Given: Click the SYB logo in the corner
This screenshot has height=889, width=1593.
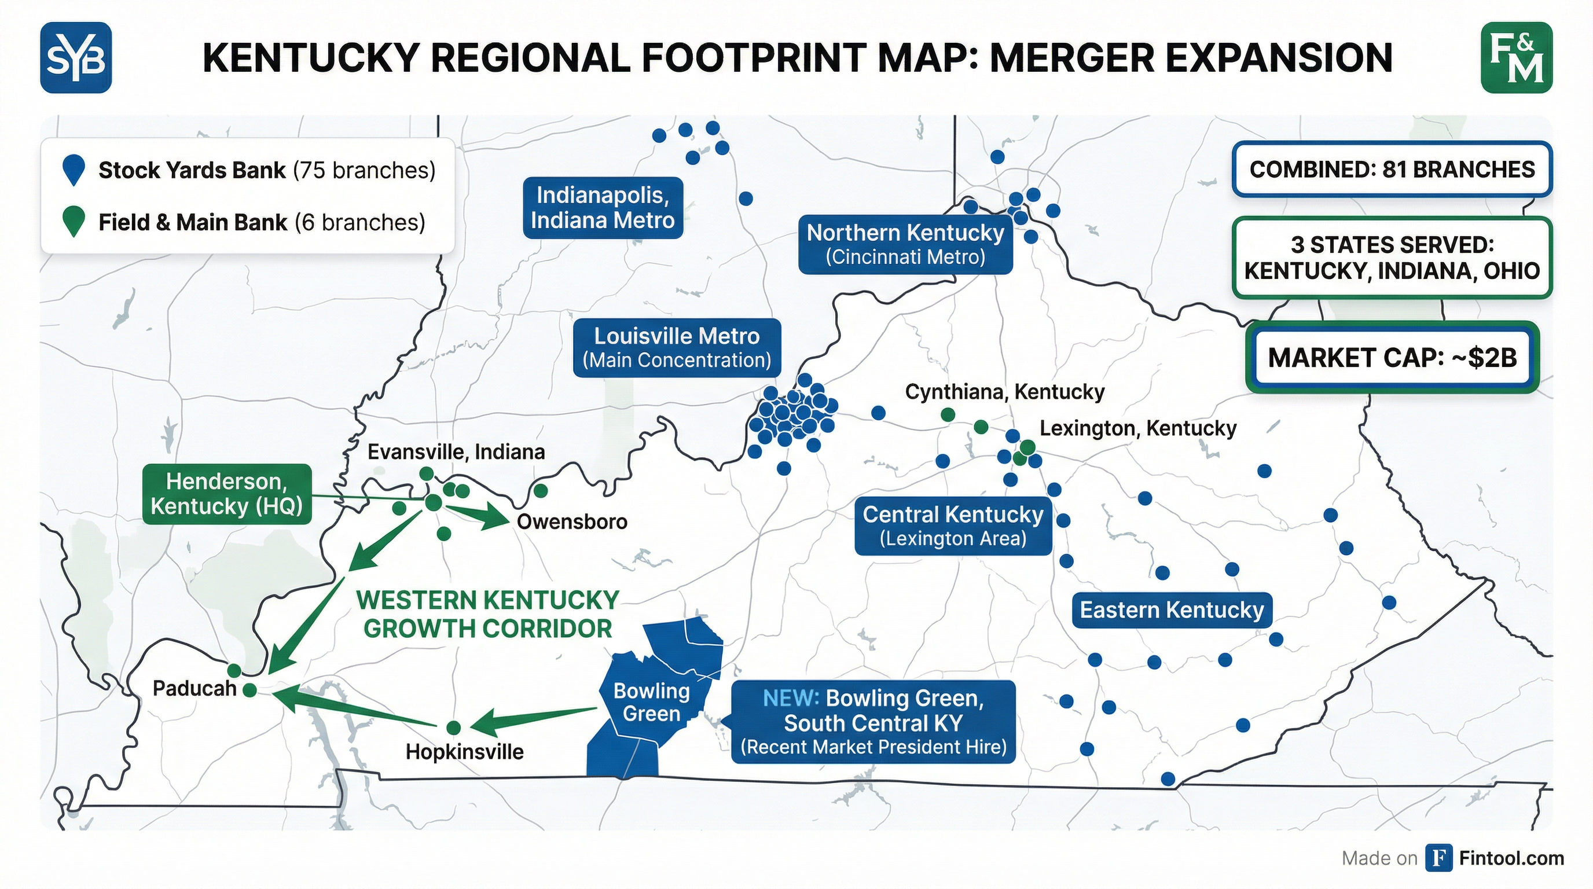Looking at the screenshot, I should pyautogui.click(x=75, y=57).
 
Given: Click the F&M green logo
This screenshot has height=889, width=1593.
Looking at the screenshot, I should pyautogui.click(x=1517, y=57).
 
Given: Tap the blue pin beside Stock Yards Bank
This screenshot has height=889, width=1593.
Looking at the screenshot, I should pyautogui.click(x=74, y=170).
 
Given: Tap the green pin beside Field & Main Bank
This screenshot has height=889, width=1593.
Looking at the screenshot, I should pyautogui.click(x=74, y=221).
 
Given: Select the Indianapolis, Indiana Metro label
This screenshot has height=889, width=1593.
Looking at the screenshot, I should pyautogui.click(x=603, y=208).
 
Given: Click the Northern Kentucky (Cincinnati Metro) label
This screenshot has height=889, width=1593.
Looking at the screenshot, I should pyautogui.click(x=905, y=244).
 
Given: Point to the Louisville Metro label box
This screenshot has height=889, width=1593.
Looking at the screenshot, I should pyautogui.click(x=677, y=347).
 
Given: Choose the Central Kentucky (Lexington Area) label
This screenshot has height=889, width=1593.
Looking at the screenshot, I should pyautogui.click(x=952, y=526).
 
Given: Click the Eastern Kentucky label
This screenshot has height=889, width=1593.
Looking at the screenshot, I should pyautogui.click(x=1171, y=610).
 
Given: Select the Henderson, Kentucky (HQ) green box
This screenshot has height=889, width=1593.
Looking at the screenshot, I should pyautogui.click(x=226, y=494).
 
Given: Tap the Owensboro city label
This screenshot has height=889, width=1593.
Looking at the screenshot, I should pyautogui.click(x=572, y=522).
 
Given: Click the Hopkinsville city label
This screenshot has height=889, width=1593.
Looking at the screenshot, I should pyautogui.click(x=464, y=752).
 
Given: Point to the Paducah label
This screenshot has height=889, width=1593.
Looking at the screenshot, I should pyautogui.click(x=194, y=688).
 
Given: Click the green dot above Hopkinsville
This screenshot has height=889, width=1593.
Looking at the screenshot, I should pyautogui.click(x=453, y=727).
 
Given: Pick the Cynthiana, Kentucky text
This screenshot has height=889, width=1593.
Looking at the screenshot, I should pyautogui.click(x=1004, y=392).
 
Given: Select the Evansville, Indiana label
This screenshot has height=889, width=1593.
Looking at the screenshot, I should pyautogui.click(x=456, y=452).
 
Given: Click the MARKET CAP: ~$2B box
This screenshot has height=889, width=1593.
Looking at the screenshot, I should pyautogui.click(x=1392, y=357).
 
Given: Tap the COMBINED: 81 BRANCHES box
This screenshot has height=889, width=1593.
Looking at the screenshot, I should pyautogui.click(x=1392, y=170).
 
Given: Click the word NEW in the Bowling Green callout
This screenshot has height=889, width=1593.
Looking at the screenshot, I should pyautogui.click(x=790, y=698).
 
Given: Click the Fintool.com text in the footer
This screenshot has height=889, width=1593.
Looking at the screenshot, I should pyautogui.click(x=1511, y=858).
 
